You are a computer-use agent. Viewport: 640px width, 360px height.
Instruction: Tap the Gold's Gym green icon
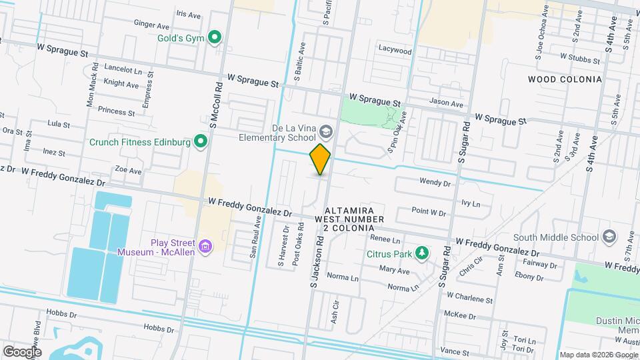[x=215, y=37]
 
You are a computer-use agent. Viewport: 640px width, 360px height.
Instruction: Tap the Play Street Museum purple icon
[x=206, y=247]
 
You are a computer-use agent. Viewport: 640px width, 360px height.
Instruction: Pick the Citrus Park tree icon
[x=421, y=253]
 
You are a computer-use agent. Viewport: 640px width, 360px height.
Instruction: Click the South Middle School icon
[x=609, y=237]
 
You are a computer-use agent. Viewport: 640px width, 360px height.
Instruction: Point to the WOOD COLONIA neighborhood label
[x=564, y=79]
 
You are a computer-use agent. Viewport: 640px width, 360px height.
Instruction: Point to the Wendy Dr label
[x=435, y=181]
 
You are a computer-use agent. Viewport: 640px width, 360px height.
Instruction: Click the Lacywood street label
[x=395, y=50]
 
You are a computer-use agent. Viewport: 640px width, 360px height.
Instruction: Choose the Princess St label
[x=116, y=109]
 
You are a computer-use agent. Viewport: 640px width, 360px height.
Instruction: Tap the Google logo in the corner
[x=21, y=351]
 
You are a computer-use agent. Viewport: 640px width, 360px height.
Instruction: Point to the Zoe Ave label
[x=128, y=171]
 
